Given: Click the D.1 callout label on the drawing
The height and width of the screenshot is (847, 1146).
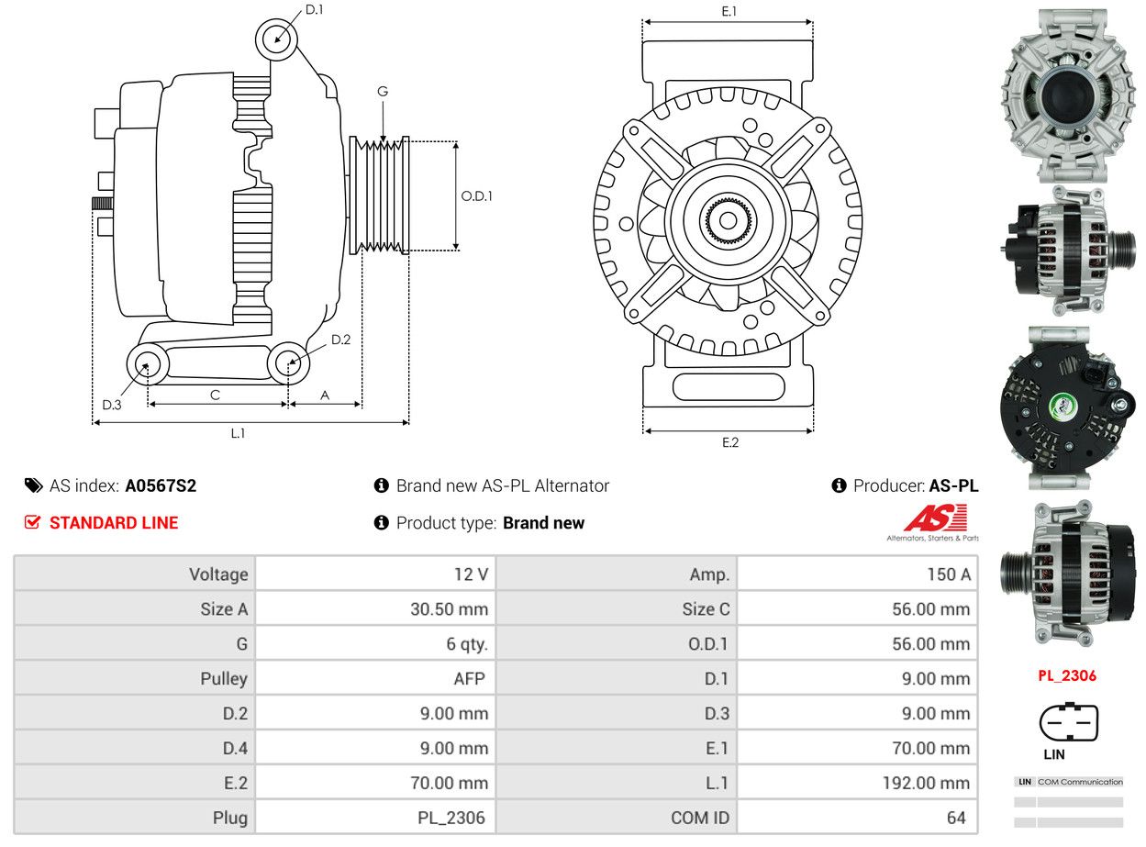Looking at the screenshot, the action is (314, 9).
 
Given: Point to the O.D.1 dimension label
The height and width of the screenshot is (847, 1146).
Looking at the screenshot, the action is (476, 195).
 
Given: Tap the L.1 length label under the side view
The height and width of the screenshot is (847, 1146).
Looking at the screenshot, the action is (238, 433).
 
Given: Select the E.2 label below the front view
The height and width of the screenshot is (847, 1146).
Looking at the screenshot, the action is (729, 442).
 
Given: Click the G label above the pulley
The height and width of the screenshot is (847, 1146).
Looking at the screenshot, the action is (383, 92).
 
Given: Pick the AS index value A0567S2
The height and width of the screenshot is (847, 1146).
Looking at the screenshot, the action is (161, 485).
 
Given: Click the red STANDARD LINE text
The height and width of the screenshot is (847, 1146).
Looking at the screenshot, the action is (114, 522).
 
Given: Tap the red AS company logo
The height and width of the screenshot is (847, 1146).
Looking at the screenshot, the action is (935, 518).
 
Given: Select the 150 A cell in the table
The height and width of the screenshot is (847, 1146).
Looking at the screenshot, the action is (949, 574).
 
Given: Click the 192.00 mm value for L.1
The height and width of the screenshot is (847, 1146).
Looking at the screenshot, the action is (926, 783).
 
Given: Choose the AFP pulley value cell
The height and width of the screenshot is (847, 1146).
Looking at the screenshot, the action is (469, 678).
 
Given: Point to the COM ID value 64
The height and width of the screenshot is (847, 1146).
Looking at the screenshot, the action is (956, 818).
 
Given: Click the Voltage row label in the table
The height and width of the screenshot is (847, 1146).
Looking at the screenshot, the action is (218, 574).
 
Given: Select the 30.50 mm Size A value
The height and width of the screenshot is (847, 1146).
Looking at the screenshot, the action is (449, 608).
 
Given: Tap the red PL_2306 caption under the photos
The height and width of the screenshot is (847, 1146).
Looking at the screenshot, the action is (1067, 675).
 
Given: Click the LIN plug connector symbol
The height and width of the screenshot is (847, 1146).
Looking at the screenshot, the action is (1069, 722).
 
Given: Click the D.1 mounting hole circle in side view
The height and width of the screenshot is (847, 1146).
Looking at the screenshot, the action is (276, 39).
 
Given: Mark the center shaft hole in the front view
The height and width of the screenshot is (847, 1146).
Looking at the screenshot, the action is (728, 220).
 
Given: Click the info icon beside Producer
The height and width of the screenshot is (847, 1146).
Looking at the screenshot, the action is (839, 485).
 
